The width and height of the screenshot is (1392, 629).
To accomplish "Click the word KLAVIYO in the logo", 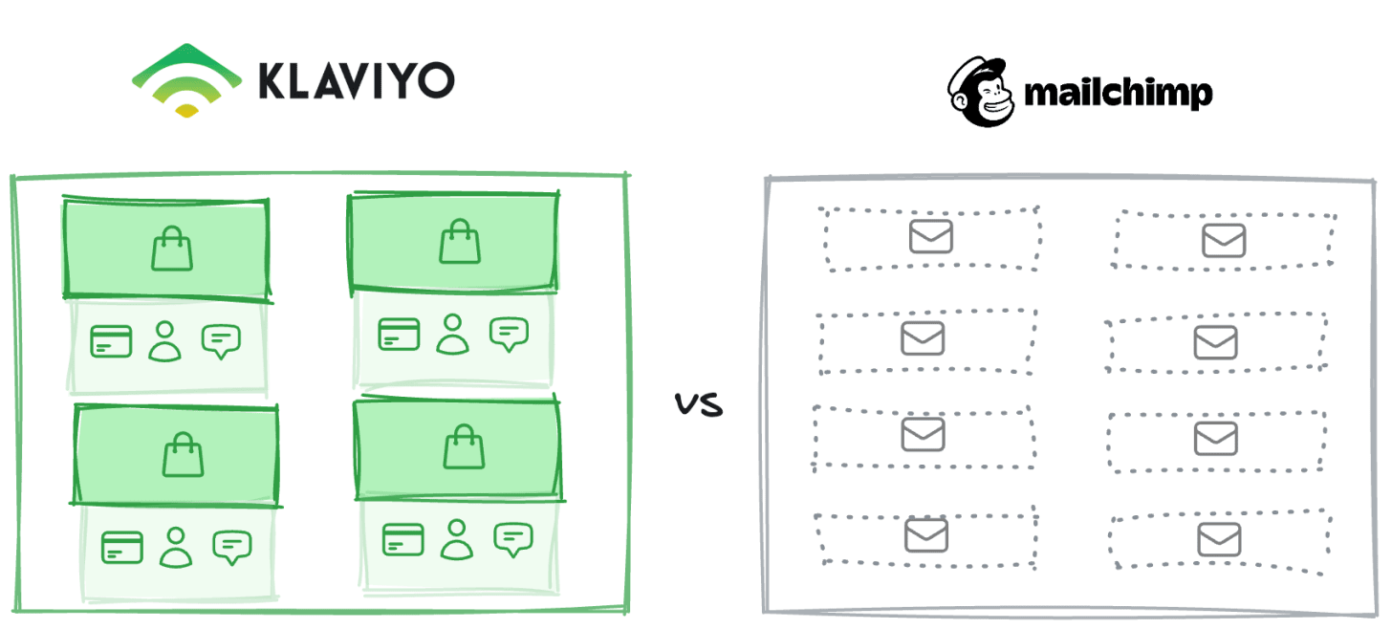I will [x=355, y=81].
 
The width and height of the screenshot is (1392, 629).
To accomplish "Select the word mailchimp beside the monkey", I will [x=1118, y=93].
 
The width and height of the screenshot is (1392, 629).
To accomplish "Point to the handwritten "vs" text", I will [x=699, y=405].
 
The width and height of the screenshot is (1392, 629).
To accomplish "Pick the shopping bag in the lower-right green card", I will [x=465, y=446].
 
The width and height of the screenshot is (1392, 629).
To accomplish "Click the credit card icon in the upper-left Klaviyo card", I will [x=111, y=340].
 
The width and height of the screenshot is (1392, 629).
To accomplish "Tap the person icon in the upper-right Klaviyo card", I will [x=453, y=334].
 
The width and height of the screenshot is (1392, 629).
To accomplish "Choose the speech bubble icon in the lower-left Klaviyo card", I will [x=230, y=546].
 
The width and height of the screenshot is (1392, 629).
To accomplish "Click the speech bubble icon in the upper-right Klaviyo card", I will [x=509, y=334].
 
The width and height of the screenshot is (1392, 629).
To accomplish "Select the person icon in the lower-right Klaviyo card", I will [x=457, y=539].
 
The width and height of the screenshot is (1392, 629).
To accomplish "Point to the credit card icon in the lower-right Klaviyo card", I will [x=402, y=539].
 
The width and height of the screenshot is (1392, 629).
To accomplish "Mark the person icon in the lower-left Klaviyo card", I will [x=175, y=547].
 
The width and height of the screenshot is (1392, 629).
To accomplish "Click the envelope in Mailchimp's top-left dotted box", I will [x=930, y=236].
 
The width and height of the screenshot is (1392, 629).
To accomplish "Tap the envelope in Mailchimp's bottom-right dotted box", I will [x=1219, y=540].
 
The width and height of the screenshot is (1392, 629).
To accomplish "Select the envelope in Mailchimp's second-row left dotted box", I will [x=923, y=336].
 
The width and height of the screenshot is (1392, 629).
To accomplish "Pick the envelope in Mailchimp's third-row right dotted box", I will [x=1216, y=439].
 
